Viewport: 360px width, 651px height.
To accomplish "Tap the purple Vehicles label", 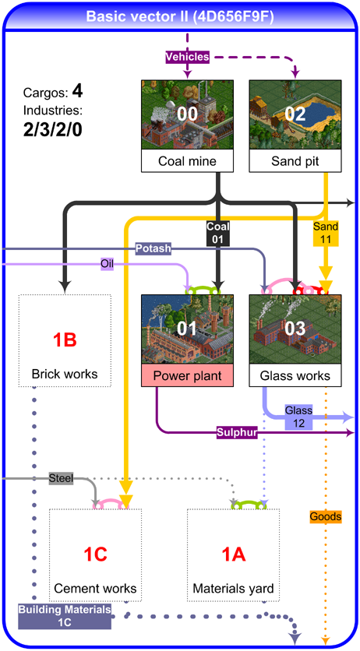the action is (x=187, y=57).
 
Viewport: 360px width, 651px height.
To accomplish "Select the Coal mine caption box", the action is (x=187, y=160).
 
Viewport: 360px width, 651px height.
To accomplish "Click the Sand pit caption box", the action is (x=295, y=160).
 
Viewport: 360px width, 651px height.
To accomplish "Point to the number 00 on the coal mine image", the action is (x=187, y=114).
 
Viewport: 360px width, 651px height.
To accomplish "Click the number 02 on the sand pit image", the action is (x=295, y=114).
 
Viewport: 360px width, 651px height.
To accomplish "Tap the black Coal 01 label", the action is (x=218, y=233).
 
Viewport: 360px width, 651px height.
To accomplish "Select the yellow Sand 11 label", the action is (x=326, y=233).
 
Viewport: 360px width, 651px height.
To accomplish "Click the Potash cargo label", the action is (x=154, y=248).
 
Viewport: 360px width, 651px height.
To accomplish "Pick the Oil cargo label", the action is (x=107, y=263).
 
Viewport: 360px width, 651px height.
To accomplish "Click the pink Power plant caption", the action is (x=187, y=376).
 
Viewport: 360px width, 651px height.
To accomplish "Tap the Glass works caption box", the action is (x=295, y=376).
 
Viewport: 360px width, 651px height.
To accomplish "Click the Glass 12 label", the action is (x=299, y=417).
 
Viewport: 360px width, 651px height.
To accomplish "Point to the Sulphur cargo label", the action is (x=237, y=433).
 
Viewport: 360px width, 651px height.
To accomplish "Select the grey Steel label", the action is (x=61, y=479).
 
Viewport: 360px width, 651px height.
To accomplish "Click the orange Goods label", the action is (x=326, y=516).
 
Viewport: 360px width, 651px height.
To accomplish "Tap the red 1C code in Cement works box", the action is (x=96, y=554).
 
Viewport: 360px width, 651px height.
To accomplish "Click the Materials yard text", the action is (x=233, y=588).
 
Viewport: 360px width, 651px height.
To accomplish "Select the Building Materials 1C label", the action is (x=65, y=616).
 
